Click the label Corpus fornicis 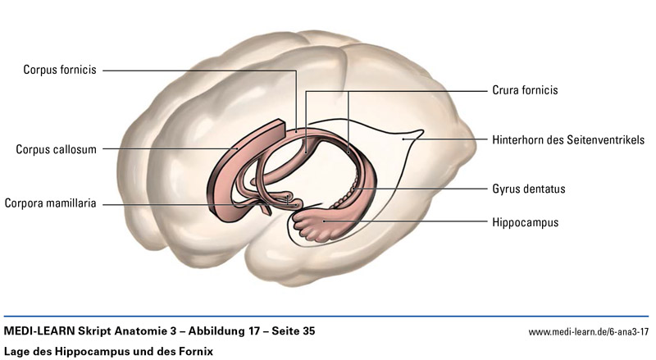(x=60, y=71)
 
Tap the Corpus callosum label (x=57, y=149)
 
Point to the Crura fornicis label (x=525, y=90)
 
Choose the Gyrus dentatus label (x=529, y=189)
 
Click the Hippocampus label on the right (x=526, y=221)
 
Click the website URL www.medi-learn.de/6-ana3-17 (x=589, y=332)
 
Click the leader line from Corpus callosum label (x=164, y=149)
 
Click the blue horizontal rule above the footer (x=328, y=317)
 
